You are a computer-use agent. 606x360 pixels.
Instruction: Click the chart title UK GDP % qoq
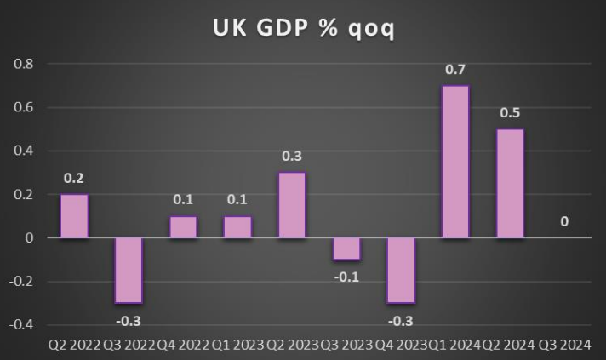pos(303,27)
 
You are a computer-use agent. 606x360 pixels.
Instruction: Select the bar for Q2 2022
pos(74,216)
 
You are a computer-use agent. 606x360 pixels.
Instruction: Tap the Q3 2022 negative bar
pos(129,270)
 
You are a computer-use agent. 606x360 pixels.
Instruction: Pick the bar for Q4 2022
pos(183,227)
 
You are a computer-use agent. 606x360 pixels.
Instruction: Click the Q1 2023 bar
pos(237,227)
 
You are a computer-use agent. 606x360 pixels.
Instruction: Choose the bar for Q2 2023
pos(292,205)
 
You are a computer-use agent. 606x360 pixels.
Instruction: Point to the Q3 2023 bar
pos(346,249)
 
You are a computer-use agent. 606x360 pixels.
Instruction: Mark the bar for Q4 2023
pos(401,270)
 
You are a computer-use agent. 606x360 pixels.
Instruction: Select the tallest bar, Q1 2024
pos(455,162)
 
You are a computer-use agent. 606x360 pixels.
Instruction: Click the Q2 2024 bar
pos(510,184)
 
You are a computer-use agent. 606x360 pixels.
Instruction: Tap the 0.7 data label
pos(455,69)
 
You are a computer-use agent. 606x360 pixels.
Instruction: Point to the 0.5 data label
pos(510,113)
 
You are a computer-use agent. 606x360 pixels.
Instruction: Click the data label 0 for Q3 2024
pos(564,222)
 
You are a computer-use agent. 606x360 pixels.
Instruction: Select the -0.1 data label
pos(346,276)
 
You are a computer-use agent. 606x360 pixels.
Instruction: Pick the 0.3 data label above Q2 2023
pos(292,157)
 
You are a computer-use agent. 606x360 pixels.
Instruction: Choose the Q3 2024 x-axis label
pos(564,345)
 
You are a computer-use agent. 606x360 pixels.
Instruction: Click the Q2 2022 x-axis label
pos(74,345)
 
